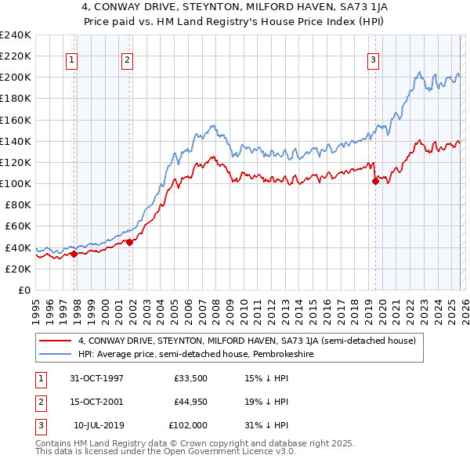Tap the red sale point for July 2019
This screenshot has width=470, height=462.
click(x=375, y=181)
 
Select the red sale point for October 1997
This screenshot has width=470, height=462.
click(x=74, y=254)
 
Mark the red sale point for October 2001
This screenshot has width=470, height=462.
click(x=129, y=242)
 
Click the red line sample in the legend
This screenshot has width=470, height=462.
click(x=56, y=341)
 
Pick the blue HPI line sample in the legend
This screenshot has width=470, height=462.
click(x=56, y=354)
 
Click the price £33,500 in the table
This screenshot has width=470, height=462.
click(x=192, y=378)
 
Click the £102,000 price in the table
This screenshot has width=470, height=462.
click(x=189, y=425)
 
